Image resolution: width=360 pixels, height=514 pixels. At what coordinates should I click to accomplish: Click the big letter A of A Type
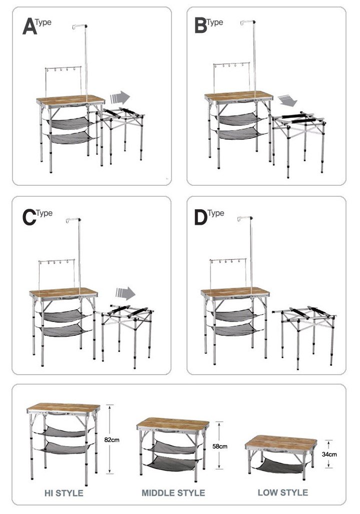click(29, 26)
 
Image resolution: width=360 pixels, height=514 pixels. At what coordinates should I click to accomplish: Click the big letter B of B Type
click(200, 25)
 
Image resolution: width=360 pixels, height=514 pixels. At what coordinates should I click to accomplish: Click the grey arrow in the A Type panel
click(120, 97)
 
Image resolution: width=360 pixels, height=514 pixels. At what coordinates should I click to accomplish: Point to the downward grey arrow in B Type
click(287, 100)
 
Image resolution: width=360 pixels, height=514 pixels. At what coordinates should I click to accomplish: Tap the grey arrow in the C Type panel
click(125, 293)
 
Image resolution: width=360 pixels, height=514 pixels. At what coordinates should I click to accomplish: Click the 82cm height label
click(112, 440)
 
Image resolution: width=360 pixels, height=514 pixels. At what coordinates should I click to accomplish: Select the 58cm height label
click(220, 446)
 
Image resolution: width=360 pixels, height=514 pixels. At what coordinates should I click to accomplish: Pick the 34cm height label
click(329, 455)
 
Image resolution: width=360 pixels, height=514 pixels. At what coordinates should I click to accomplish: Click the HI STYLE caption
click(64, 493)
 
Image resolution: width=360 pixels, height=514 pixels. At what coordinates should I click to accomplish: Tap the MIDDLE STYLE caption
click(173, 493)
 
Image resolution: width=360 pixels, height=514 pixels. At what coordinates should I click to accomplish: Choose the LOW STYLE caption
click(283, 493)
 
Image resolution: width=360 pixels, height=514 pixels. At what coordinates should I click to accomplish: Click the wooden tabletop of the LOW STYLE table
click(281, 442)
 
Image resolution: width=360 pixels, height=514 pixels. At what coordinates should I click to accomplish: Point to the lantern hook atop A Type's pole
click(79, 26)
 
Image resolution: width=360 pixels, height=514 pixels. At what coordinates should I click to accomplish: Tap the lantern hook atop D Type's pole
click(245, 218)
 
